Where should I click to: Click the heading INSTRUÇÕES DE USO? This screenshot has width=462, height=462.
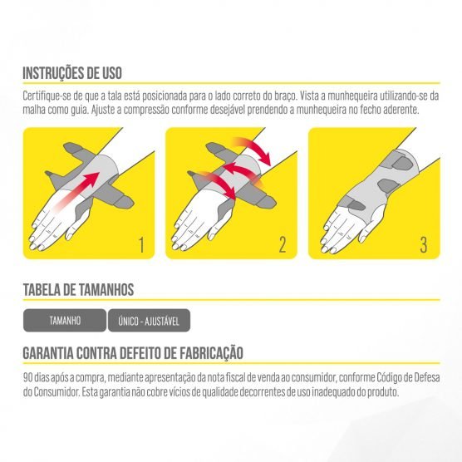72,73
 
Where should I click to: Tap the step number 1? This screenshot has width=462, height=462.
142,245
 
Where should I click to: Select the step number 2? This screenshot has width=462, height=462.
283,245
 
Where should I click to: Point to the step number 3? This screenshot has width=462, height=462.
424,245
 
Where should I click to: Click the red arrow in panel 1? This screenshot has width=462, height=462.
76,191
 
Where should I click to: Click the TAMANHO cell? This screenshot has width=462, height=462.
65,320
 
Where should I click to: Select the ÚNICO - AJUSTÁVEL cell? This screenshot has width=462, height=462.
149,320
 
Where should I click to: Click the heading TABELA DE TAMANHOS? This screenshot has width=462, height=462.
78,290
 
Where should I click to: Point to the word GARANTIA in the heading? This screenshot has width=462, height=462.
48,353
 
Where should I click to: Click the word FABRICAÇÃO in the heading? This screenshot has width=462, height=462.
211,353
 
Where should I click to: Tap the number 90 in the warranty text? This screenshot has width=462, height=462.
27,378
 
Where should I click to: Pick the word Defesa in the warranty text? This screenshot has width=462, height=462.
427,378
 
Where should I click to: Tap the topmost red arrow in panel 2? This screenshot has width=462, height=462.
253,150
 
